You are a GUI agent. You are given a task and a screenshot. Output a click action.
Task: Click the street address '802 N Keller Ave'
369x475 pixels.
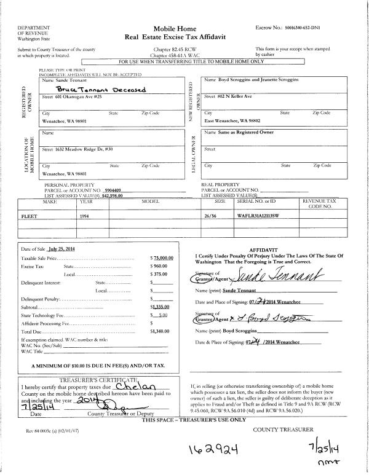(239, 96)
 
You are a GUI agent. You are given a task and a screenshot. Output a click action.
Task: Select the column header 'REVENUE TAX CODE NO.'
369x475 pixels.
(318, 204)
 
